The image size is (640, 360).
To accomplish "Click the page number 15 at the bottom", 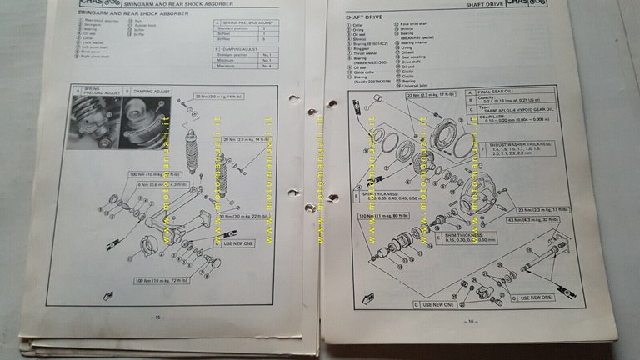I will pos(156,316).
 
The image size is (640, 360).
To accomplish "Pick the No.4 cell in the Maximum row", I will pos(267,66).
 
